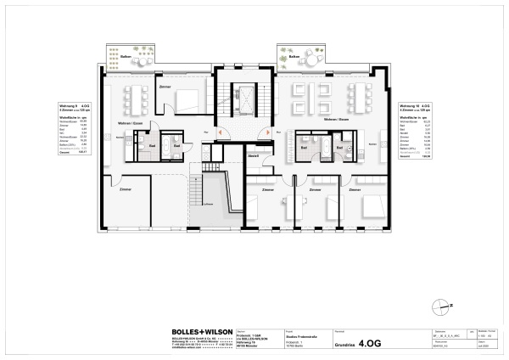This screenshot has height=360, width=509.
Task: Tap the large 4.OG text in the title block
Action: (371, 344)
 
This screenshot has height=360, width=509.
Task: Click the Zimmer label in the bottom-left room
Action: (125, 188)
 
